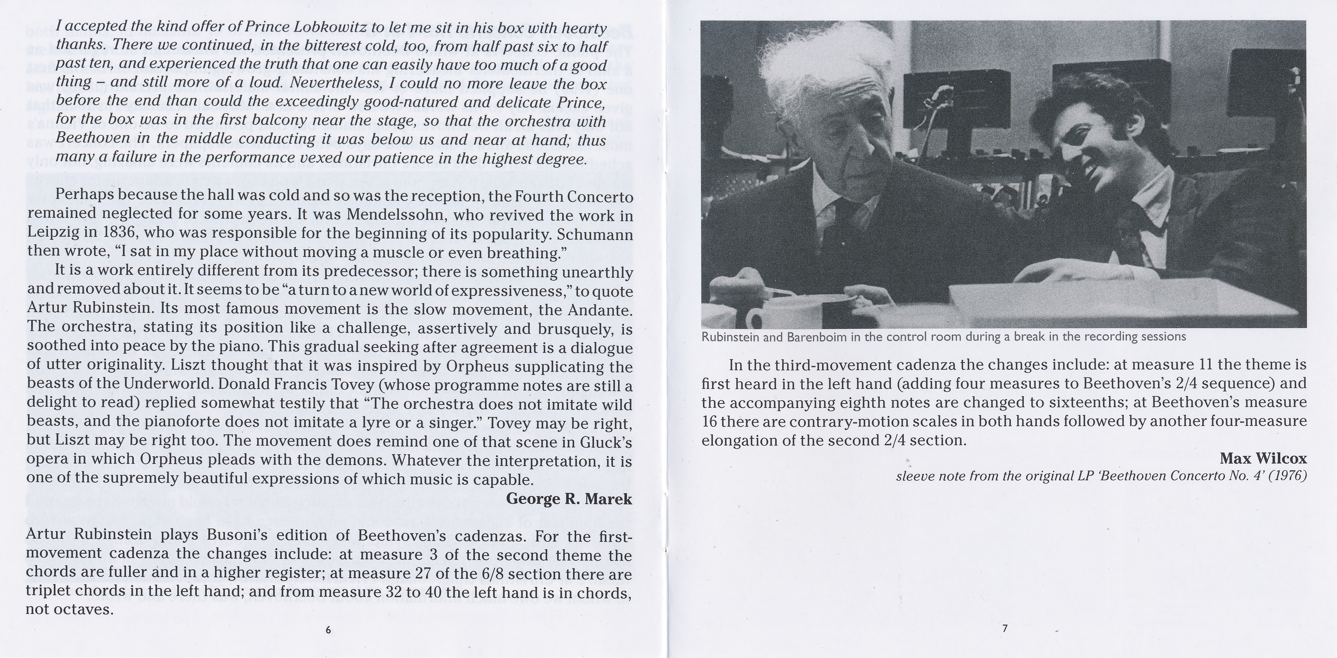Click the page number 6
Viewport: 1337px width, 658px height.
click(x=327, y=630)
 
